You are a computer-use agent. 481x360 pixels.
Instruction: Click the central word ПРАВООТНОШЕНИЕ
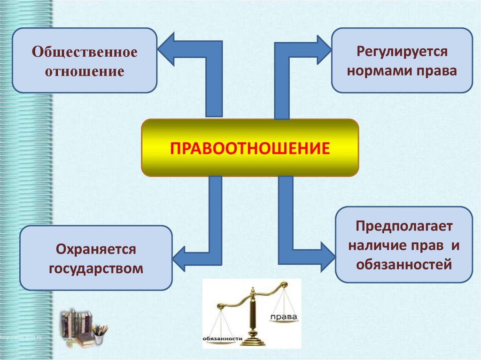[250, 148]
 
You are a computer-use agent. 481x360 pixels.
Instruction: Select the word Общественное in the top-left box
[85, 52]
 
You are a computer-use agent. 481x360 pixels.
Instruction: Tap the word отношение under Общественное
[85, 72]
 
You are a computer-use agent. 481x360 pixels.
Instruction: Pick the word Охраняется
[96, 249]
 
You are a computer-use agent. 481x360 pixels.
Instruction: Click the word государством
[96, 269]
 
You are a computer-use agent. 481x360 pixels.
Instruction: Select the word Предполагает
[403, 227]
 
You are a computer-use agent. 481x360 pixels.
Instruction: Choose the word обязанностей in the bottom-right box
[403, 264]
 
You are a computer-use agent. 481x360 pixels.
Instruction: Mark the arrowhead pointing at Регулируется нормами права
[324, 49]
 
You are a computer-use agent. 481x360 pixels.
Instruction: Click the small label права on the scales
[284, 318]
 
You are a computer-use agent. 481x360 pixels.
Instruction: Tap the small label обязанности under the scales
[222, 338]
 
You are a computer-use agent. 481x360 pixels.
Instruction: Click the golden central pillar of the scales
[253, 314]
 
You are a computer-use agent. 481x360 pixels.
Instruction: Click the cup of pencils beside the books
[99, 334]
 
